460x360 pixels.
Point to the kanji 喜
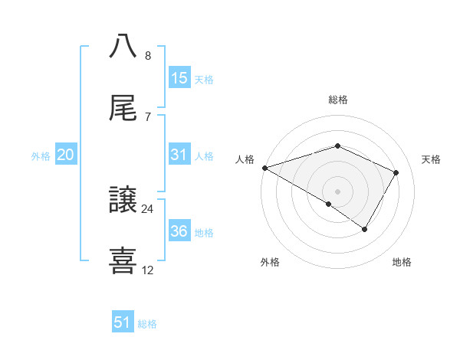(123, 260)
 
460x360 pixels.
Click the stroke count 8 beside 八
(147, 56)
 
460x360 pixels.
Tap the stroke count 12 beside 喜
(147, 270)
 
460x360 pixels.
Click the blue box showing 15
(179, 78)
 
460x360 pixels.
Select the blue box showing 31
(179, 155)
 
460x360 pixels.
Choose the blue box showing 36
(179, 231)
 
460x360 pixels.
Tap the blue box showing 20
(66, 155)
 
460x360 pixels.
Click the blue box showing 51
(123, 322)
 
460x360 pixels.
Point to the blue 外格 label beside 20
(41, 155)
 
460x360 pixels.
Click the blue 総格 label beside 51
(147, 323)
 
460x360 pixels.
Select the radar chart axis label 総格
(337, 100)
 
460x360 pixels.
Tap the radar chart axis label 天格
(432, 159)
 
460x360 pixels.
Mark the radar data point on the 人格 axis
(264, 168)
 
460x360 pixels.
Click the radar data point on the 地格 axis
(365, 229)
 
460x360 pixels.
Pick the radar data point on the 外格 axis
(329, 204)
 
